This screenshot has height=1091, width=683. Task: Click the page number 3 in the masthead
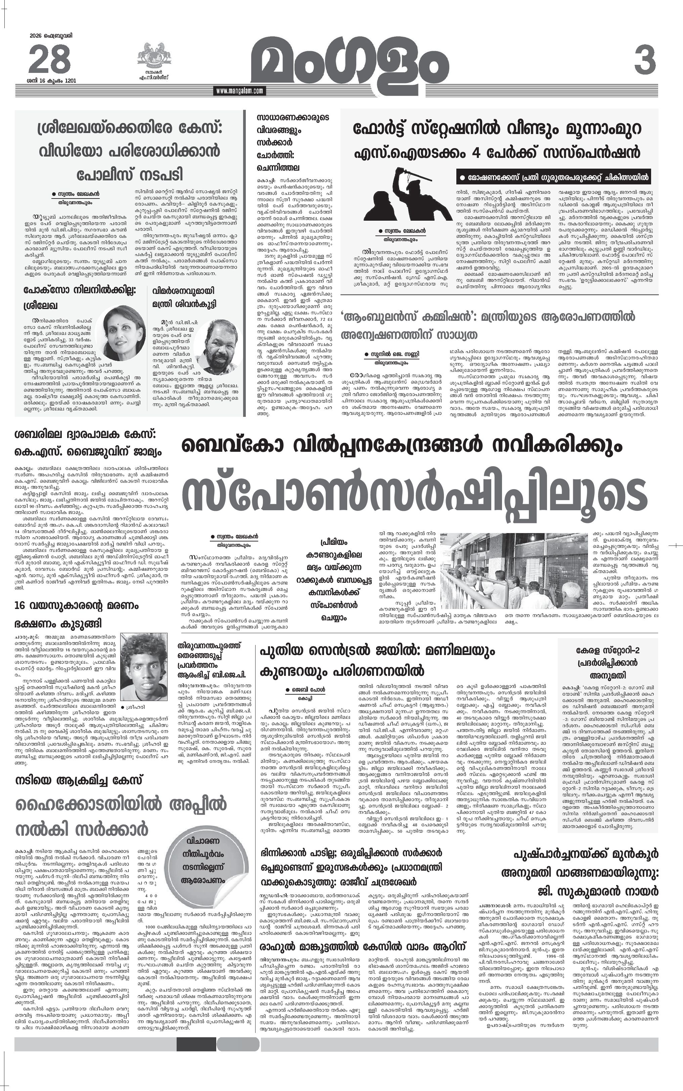pyautogui.click(x=645, y=60)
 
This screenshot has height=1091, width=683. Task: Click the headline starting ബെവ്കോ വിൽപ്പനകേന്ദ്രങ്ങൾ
pyautogui.click(x=402, y=446)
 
